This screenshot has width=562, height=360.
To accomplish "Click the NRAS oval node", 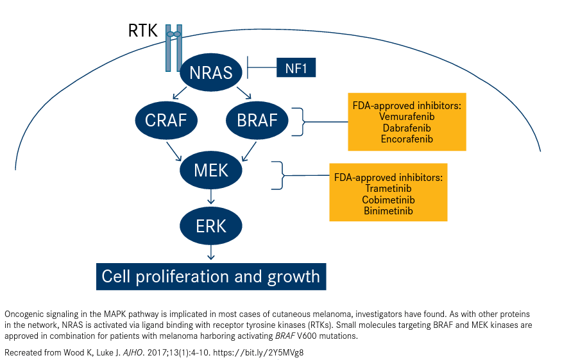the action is click(x=210, y=72).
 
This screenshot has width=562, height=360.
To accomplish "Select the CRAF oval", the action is click(x=166, y=120).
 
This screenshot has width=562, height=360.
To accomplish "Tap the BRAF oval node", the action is click(x=257, y=120).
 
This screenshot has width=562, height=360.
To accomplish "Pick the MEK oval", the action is click(x=210, y=170).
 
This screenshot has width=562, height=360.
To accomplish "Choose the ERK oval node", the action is click(x=210, y=226).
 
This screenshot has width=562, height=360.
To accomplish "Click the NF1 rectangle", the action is click(x=296, y=67).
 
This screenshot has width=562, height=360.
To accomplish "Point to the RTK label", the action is click(x=142, y=30).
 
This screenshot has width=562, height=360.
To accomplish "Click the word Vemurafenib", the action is click(x=407, y=117).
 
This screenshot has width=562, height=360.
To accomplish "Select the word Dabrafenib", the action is click(x=407, y=128).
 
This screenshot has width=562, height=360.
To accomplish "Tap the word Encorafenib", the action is click(x=407, y=139).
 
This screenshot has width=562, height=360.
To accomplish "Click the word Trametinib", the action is click(x=388, y=188).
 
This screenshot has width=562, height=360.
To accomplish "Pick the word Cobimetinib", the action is click(x=388, y=200).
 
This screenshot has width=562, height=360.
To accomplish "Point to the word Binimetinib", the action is click(x=388, y=210).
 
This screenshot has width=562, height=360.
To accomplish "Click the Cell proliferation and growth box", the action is click(x=211, y=277).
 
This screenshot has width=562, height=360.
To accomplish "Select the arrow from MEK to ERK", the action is click(x=210, y=196).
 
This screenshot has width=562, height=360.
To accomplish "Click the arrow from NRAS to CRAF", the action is click(x=180, y=92).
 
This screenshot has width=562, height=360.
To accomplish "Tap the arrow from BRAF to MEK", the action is click(x=250, y=151).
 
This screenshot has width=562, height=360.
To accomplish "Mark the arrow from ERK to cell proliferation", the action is click(x=210, y=252).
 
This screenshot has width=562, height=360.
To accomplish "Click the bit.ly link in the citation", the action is click(x=258, y=352).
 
